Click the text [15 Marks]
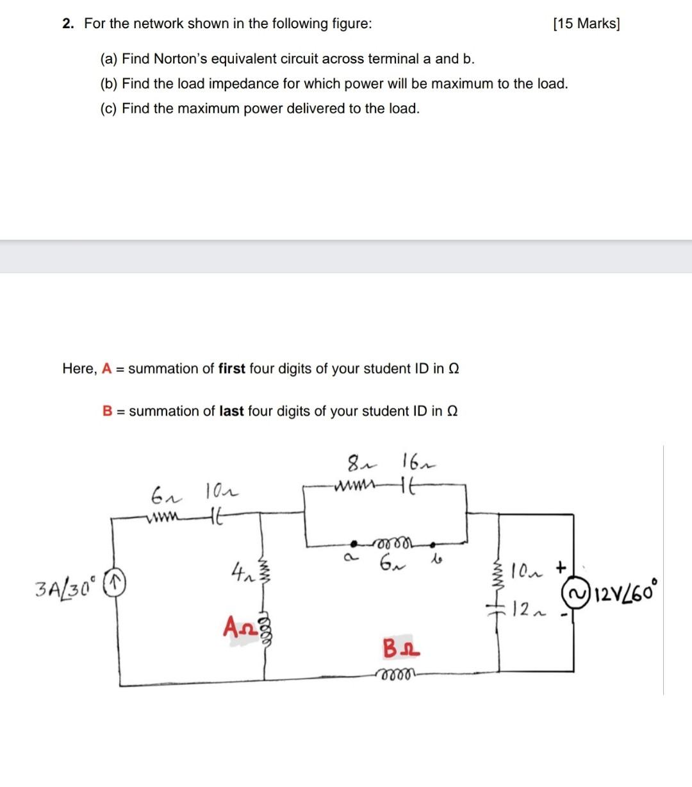[x=586, y=24]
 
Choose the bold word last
[x=231, y=411]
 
